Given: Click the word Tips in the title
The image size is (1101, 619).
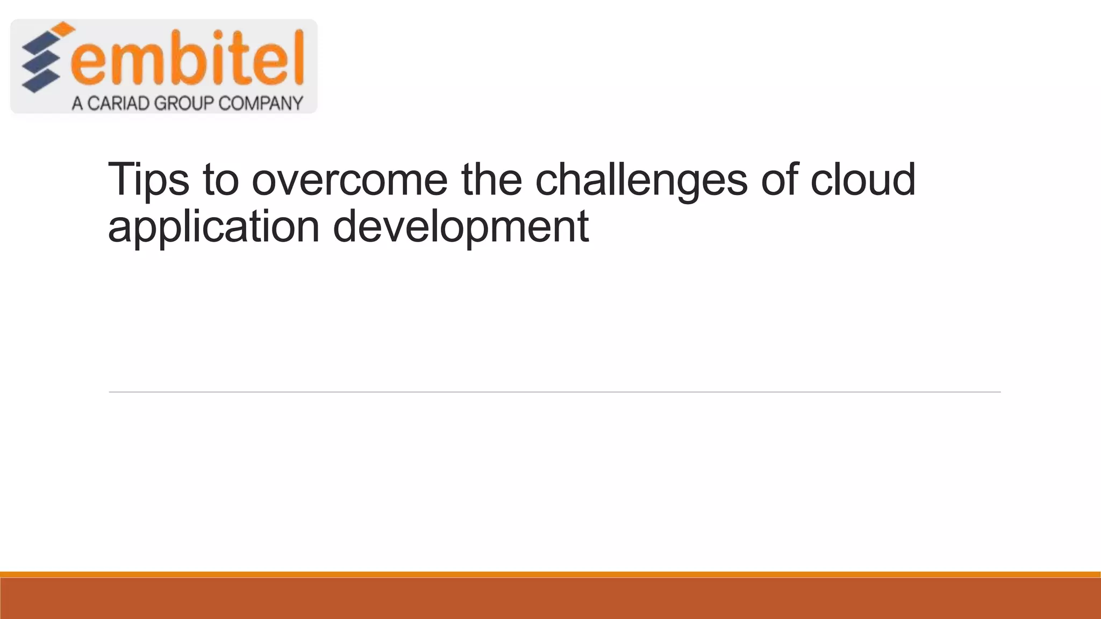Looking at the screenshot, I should tap(148, 181).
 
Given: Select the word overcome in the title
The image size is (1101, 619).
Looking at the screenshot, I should tap(349, 181).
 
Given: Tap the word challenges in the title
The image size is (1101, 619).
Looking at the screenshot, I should tap(641, 181).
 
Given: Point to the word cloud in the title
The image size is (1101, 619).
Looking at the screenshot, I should tap(862, 179).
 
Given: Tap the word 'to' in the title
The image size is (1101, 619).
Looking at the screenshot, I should tap(220, 181).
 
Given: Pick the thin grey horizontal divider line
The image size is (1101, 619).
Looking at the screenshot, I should tap(554, 392).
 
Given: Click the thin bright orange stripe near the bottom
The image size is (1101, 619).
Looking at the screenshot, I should tap(550, 574).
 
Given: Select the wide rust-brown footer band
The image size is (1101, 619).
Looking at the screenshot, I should tap(550, 599).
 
